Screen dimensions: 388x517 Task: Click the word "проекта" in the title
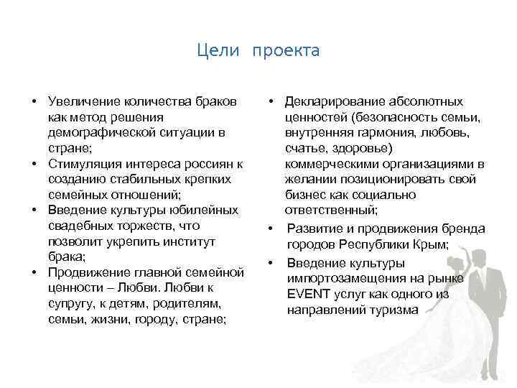tap(286, 52)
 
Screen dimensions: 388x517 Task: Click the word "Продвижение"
tap(85, 272)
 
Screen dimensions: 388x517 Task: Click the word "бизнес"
tap(304, 195)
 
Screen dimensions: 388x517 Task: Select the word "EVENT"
tap(306, 294)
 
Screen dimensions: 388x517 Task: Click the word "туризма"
tap(393, 310)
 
